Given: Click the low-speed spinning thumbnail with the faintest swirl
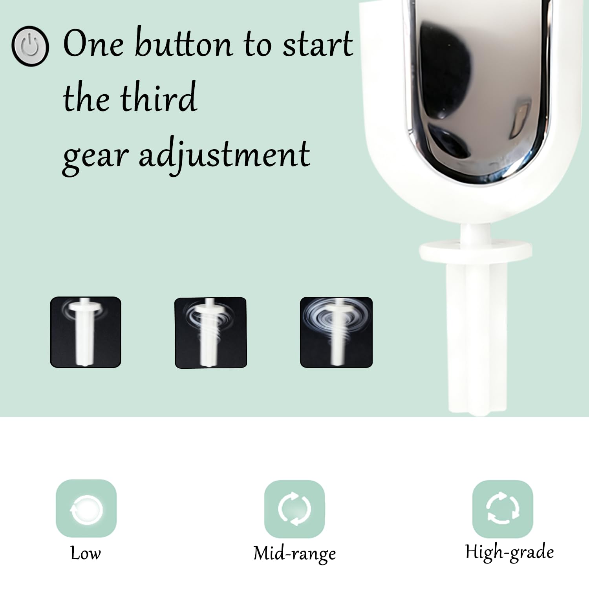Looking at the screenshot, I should [86, 332].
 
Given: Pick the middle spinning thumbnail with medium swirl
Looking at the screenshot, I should [210, 332].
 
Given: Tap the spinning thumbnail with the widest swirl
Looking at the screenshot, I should [336, 332].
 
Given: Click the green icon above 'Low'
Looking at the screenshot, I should [86, 509].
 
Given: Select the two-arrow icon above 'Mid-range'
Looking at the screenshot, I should [294, 509].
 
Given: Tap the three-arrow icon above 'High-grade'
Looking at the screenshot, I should [502, 509].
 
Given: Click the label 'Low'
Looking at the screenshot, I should [86, 553].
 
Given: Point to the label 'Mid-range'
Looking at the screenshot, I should [294, 553].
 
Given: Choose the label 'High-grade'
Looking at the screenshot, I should [509, 552].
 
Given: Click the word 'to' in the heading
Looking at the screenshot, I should [258, 44].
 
